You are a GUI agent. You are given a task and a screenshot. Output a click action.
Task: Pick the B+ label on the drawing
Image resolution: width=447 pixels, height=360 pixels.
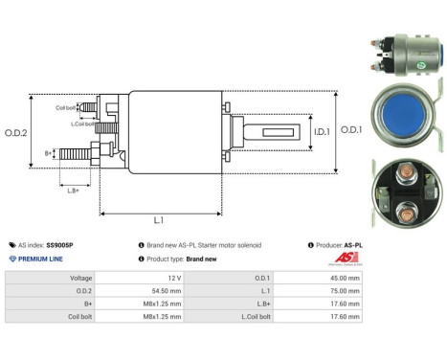pyautogui.click(x=49, y=152)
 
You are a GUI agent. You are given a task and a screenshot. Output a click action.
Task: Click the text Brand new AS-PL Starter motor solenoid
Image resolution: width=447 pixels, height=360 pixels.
pyautogui.click(x=204, y=245)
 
